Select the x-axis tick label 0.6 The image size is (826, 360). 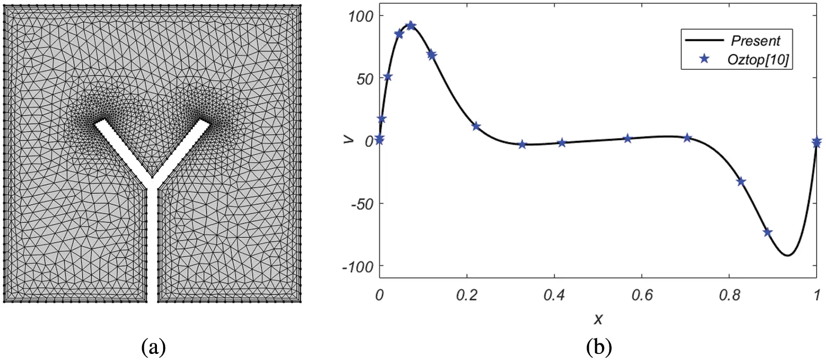point(641,295)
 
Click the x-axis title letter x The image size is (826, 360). point(597,318)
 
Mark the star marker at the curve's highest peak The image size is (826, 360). point(410,26)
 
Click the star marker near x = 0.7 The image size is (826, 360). point(687,138)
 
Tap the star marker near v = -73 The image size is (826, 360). point(768,232)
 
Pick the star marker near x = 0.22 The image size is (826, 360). point(476,127)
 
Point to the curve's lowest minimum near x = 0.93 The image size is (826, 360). point(788,255)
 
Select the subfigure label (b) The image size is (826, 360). point(597,347)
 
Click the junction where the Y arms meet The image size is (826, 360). point(153,182)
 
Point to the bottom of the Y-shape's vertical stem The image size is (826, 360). point(153,300)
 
